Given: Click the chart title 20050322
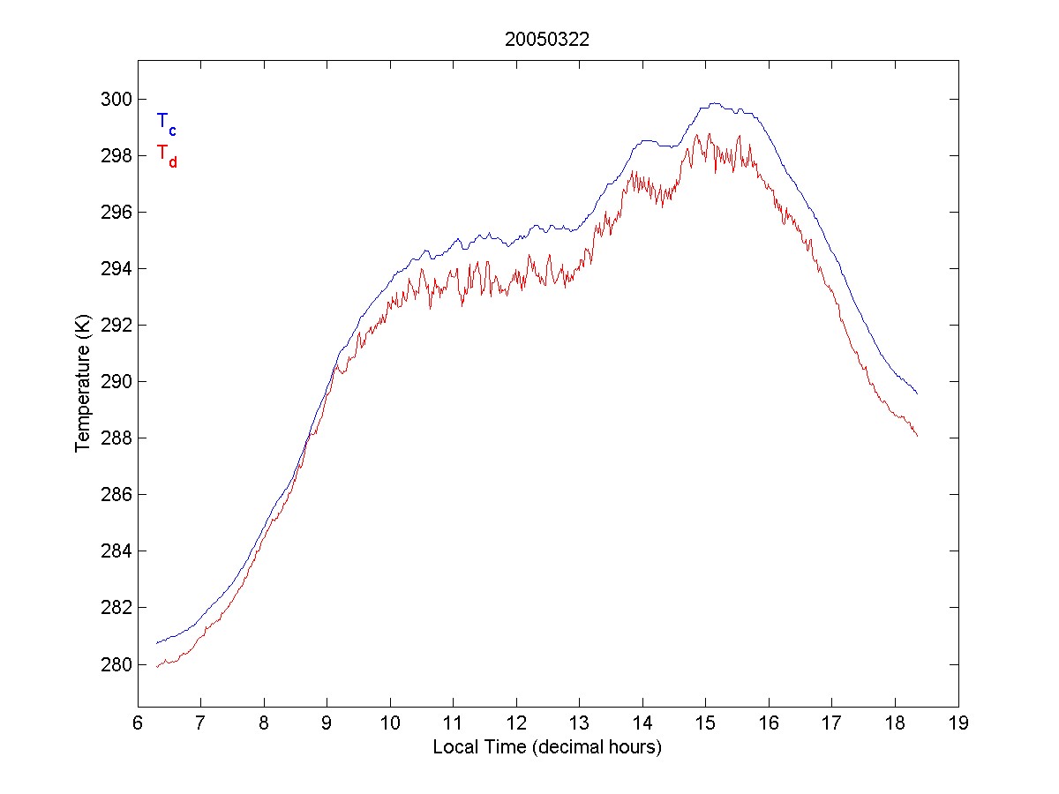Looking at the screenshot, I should pos(546,40).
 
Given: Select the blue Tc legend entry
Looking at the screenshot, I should pos(166,124).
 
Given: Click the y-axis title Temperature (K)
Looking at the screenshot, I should pos(83,385).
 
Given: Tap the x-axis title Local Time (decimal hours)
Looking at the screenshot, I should pos(547,747).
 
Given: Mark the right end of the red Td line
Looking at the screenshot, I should pos(918,436).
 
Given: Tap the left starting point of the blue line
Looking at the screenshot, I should pos(156,643).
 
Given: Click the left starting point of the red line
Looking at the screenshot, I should pos(156,667).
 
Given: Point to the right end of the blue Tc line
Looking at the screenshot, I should pos(918,393).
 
